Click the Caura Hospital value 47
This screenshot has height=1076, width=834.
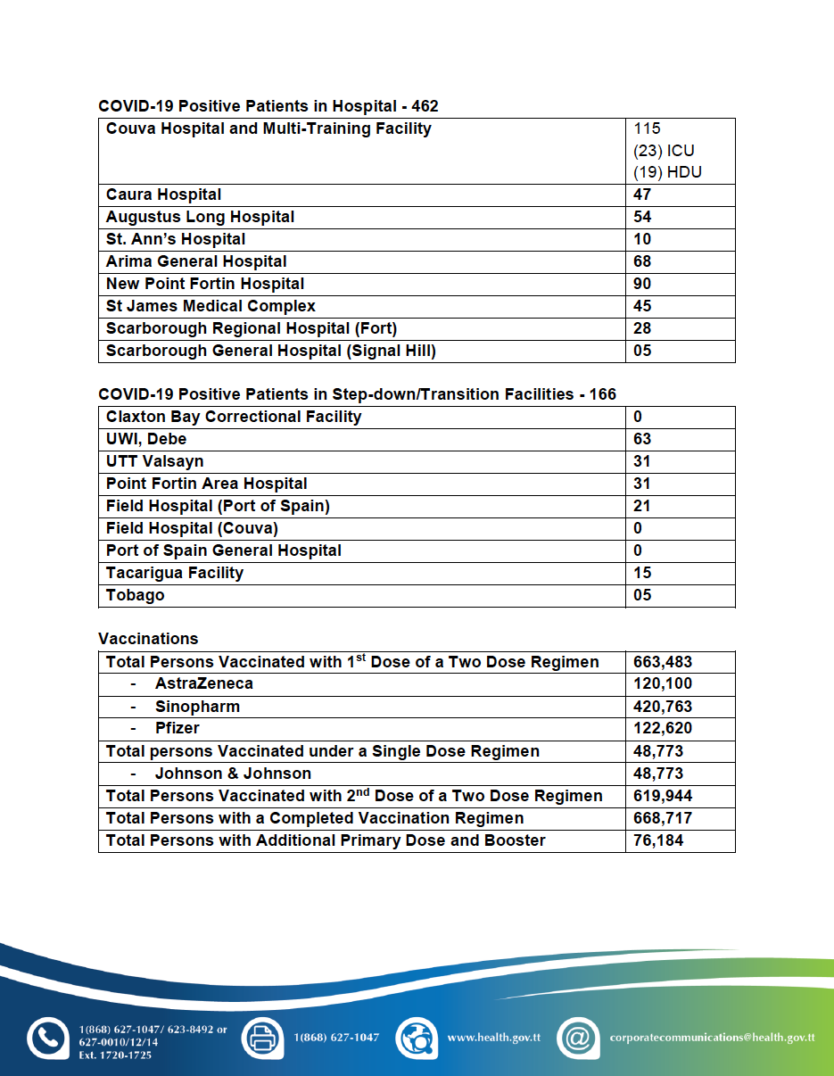click(642, 195)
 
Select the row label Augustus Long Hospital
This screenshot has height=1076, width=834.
click(200, 217)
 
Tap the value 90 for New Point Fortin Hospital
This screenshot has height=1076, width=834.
click(642, 284)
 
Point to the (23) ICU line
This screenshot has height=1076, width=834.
click(664, 151)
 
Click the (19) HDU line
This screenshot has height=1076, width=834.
click(667, 172)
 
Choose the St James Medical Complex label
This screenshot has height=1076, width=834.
click(211, 306)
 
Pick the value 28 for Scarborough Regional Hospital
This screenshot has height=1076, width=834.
click(642, 328)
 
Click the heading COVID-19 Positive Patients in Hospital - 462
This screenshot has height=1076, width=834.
click(268, 106)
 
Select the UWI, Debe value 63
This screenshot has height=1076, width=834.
click(642, 439)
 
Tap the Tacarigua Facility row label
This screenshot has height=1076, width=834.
click(175, 573)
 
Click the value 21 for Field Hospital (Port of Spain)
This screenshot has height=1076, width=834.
click(642, 506)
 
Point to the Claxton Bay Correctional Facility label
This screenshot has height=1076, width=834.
click(234, 417)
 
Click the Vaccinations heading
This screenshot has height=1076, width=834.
click(148, 639)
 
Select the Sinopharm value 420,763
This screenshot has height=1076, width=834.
click(663, 707)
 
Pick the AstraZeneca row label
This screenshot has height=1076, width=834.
click(203, 683)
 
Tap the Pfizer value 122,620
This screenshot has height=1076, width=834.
click(663, 728)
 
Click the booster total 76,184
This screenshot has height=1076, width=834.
click(658, 840)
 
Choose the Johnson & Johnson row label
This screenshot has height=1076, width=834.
click(233, 774)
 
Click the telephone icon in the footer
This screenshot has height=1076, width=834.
click(47, 1038)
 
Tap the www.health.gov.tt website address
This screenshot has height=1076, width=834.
click(493, 1038)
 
